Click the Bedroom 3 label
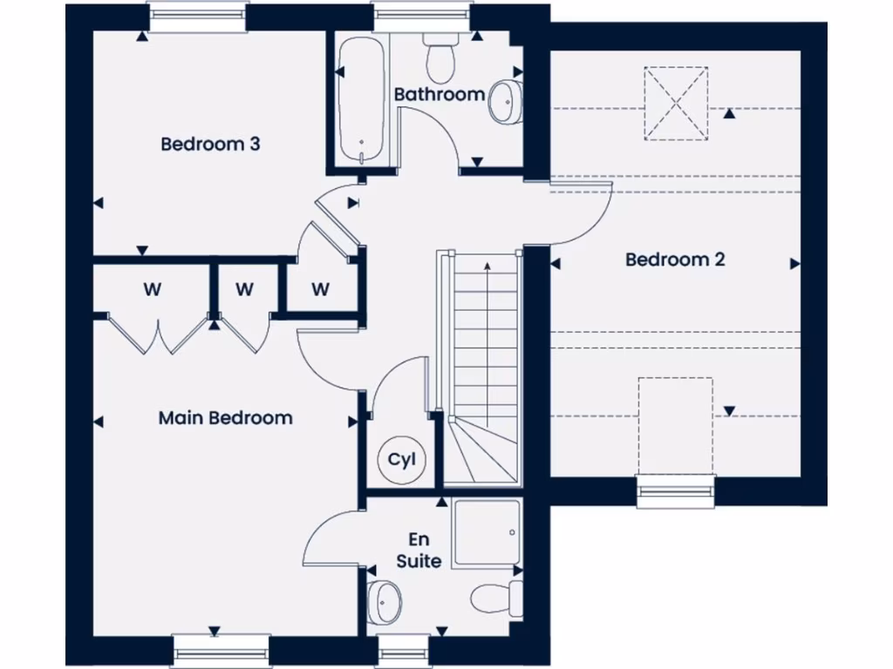(210, 144)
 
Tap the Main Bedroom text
(225, 418)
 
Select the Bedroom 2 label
(675, 260)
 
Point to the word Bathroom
(439, 94)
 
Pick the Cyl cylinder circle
(402, 459)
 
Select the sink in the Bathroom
(505, 100)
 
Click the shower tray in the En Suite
(487, 531)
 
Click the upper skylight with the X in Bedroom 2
(676, 103)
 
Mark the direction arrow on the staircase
(487, 266)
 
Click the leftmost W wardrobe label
(152, 289)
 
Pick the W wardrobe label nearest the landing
(320, 289)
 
